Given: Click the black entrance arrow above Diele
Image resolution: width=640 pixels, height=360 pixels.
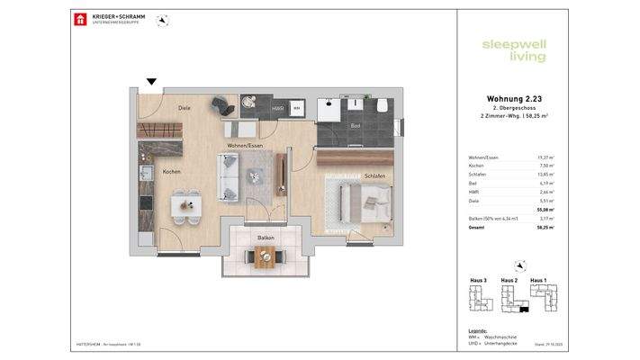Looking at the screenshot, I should (x=151, y=82).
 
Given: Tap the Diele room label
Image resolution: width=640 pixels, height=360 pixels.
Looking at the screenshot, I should (x=184, y=108).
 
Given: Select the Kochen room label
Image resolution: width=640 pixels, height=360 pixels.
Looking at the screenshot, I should (x=172, y=171).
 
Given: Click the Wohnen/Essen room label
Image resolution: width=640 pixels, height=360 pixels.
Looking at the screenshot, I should (x=245, y=144).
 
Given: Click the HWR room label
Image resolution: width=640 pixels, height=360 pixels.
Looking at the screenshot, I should (x=277, y=108).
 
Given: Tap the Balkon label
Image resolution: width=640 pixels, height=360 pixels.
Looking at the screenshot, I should (x=266, y=238).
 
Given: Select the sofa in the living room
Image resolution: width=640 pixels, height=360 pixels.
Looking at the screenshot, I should (x=229, y=175).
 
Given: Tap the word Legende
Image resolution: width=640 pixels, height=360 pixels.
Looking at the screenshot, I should (x=478, y=330).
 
